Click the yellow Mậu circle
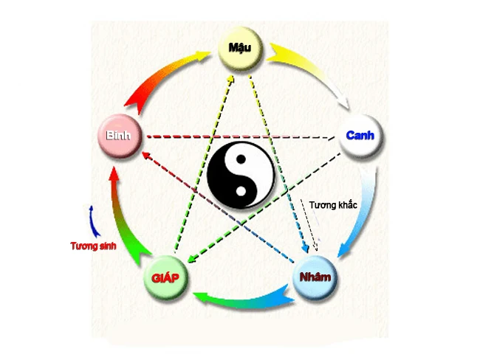pos(241,50)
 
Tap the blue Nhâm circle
pos(316,278)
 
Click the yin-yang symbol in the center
pos(241,176)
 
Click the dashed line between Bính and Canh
pos(244,137)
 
